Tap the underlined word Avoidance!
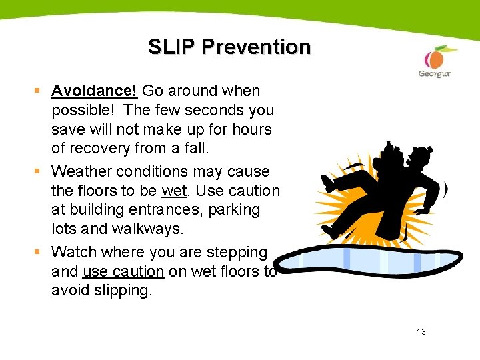pos(95,91)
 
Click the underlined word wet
pos(173,191)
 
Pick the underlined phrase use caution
pos(123,271)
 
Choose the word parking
pos(234,209)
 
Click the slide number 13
pos(420,332)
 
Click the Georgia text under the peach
pos(434,74)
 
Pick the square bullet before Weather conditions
pos(41,172)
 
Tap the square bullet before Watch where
pos(41,253)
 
